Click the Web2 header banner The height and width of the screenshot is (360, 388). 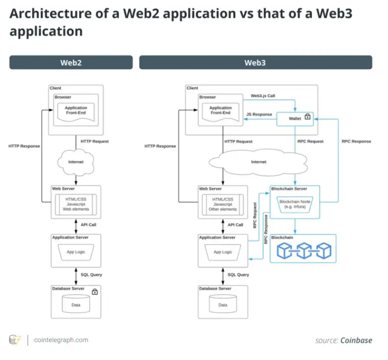(x=71, y=62)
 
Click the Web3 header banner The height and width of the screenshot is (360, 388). (x=256, y=62)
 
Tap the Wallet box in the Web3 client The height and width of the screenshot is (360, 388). (x=295, y=119)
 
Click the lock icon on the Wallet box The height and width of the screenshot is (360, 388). (x=307, y=116)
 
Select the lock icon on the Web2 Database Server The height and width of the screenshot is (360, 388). (x=95, y=292)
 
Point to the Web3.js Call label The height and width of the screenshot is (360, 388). (x=263, y=96)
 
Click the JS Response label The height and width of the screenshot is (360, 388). (x=259, y=114)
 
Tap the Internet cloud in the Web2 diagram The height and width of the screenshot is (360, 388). (x=76, y=162)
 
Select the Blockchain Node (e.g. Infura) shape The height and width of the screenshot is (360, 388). (x=295, y=204)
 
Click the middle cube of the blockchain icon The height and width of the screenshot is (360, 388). (x=304, y=251)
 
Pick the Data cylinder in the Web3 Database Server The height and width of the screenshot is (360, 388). (x=223, y=304)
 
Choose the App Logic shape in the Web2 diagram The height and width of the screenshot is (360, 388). (x=76, y=252)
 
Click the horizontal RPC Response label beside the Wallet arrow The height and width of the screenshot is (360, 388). (x=356, y=142)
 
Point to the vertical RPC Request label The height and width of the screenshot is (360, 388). (x=255, y=215)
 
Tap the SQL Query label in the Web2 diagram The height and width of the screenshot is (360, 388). (x=91, y=275)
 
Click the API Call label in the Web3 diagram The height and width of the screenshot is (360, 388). (x=235, y=225)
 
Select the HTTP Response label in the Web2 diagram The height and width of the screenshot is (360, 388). (x=24, y=146)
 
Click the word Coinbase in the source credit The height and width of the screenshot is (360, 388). (x=356, y=340)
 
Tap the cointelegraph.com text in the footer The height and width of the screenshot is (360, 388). (x=61, y=340)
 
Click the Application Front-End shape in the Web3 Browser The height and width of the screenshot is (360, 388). (x=221, y=112)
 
